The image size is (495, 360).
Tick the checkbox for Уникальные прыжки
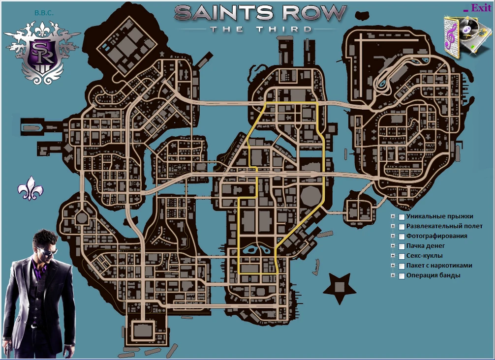point(402,217)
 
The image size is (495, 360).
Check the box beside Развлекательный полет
point(402,227)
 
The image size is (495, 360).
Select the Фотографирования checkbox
point(402,237)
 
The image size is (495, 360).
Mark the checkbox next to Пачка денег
point(402,246)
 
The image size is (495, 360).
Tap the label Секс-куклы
point(424,256)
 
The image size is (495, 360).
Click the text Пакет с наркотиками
point(439,266)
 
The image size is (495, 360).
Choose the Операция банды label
point(433,275)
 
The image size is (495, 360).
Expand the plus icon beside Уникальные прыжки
point(393,216)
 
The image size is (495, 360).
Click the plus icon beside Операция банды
point(393,275)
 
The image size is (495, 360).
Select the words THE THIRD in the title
point(260,29)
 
